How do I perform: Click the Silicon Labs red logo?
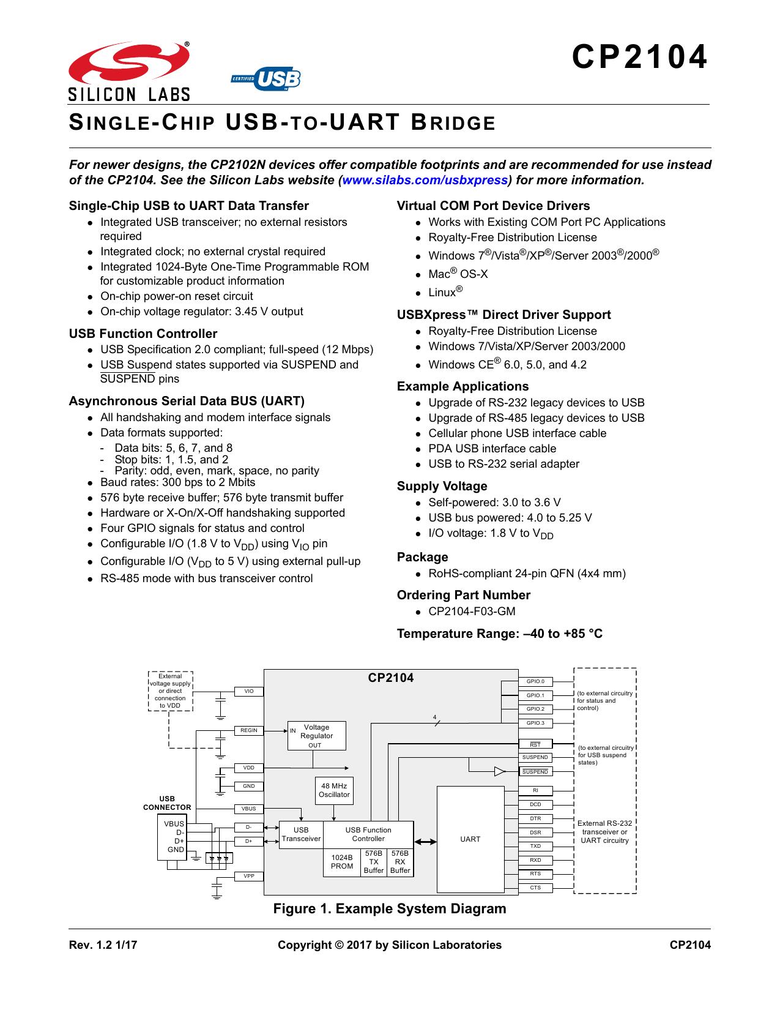128,62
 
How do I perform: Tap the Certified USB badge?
266,78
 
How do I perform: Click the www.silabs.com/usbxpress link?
425,180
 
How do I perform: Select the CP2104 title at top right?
640,57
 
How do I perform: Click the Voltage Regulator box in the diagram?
316,735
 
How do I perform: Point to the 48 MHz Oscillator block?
334,790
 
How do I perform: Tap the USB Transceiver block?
301,834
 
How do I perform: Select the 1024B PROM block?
342,862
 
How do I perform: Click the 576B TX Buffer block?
374,862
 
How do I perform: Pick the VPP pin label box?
249,876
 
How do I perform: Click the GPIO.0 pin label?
535,681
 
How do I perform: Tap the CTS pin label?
535,888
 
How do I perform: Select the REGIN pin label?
249,730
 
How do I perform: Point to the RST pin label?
535,744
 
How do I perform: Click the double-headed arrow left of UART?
425,841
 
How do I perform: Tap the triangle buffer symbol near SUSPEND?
499,771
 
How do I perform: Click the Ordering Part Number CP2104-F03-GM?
472,612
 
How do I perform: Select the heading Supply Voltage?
442,486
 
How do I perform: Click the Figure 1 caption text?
389,908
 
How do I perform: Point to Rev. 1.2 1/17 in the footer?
103,945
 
